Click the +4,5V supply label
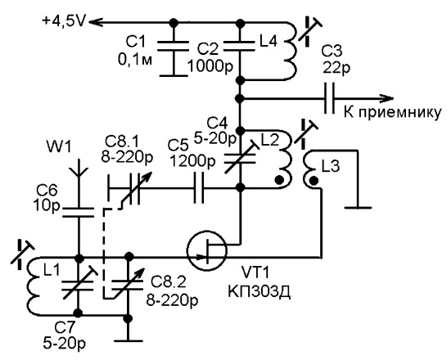click(63, 21)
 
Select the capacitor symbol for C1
click(174, 46)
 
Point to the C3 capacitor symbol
click(329, 98)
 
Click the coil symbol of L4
click(291, 52)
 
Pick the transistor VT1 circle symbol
click(207, 250)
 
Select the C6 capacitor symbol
click(78, 212)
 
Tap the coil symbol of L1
click(34, 286)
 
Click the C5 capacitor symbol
click(199, 187)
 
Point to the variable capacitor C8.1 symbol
click(129, 188)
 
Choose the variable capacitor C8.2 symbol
click(128, 285)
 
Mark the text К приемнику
click(392, 113)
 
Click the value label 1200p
click(192, 162)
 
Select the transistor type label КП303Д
click(259, 292)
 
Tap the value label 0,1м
click(135, 61)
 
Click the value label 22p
click(336, 69)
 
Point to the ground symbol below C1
click(174, 76)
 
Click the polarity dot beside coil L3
click(314, 181)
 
